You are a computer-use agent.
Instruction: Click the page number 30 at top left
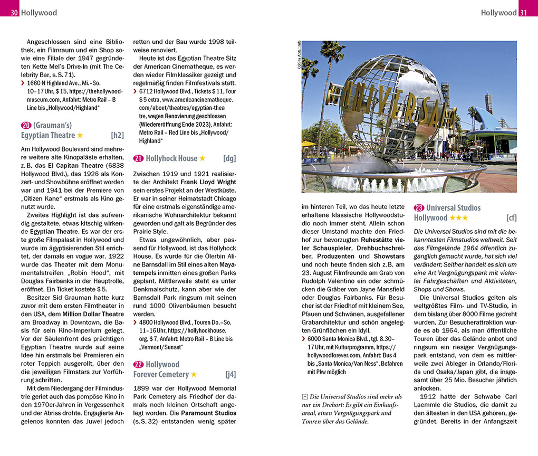15,12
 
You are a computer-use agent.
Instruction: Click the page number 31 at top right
523,12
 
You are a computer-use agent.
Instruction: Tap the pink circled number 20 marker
26,125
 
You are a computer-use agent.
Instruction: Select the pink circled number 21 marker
138,158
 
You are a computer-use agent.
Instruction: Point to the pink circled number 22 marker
138,365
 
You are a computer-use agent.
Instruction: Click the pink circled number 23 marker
419,208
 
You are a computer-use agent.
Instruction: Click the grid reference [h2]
117,135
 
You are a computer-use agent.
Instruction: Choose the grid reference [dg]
229,158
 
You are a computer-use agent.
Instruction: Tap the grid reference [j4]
230,375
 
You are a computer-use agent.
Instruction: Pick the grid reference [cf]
511,218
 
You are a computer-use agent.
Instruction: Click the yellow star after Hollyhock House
203,158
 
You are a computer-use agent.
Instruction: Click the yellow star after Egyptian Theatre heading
80,136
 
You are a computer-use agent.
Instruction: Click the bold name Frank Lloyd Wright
208,182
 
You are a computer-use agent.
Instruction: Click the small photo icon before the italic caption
305,397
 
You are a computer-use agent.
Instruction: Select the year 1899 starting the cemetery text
142,388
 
